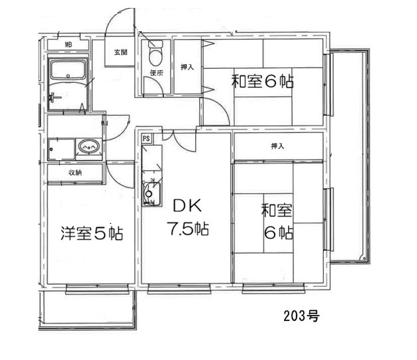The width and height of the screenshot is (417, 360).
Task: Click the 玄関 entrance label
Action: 120,52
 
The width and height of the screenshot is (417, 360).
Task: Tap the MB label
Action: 68,45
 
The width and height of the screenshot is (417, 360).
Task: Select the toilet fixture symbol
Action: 156,52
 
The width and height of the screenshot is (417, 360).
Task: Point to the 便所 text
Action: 156,73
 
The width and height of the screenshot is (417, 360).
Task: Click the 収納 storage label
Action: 74,173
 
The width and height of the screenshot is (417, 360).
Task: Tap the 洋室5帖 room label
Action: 91,233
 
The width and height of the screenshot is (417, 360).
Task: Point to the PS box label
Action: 146,138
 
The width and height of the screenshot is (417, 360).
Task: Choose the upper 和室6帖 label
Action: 262,82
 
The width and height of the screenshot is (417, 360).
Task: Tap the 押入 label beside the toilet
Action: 187,67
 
